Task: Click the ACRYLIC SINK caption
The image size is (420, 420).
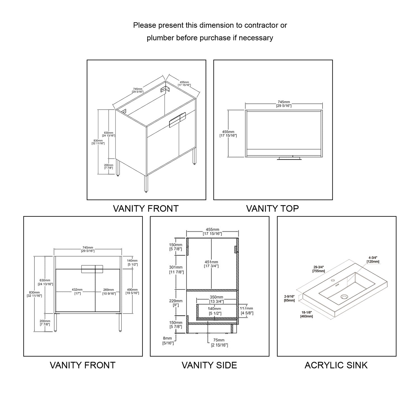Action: click(x=336, y=365)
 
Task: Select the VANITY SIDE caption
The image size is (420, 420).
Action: click(x=209, y=365)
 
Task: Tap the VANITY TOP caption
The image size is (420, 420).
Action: click(x=272, y=208)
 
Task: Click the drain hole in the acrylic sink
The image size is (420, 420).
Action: click(x=344, y=297)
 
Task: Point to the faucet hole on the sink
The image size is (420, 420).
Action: click(x=333, y=280)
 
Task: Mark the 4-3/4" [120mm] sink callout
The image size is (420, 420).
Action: click(x=373, y=259)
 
